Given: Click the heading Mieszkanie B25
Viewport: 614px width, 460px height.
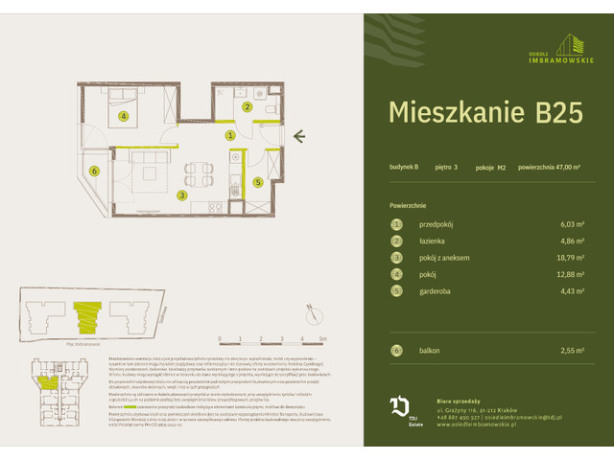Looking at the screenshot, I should tap(484, 112).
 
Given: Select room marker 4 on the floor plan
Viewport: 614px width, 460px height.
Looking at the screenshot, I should tap(124, 118).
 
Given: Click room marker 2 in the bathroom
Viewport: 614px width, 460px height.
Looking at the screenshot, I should tap(247, 107).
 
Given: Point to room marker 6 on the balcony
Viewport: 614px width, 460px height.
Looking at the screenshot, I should tap(94, 172).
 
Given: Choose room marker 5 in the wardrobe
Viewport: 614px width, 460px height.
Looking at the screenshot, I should tap(257, 181).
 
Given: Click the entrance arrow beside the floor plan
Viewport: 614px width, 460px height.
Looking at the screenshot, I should tap(299, 136).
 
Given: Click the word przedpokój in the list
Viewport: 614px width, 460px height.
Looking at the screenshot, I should tap(436, 223).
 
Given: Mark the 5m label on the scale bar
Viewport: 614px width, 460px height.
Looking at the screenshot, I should tap(322, 339).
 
